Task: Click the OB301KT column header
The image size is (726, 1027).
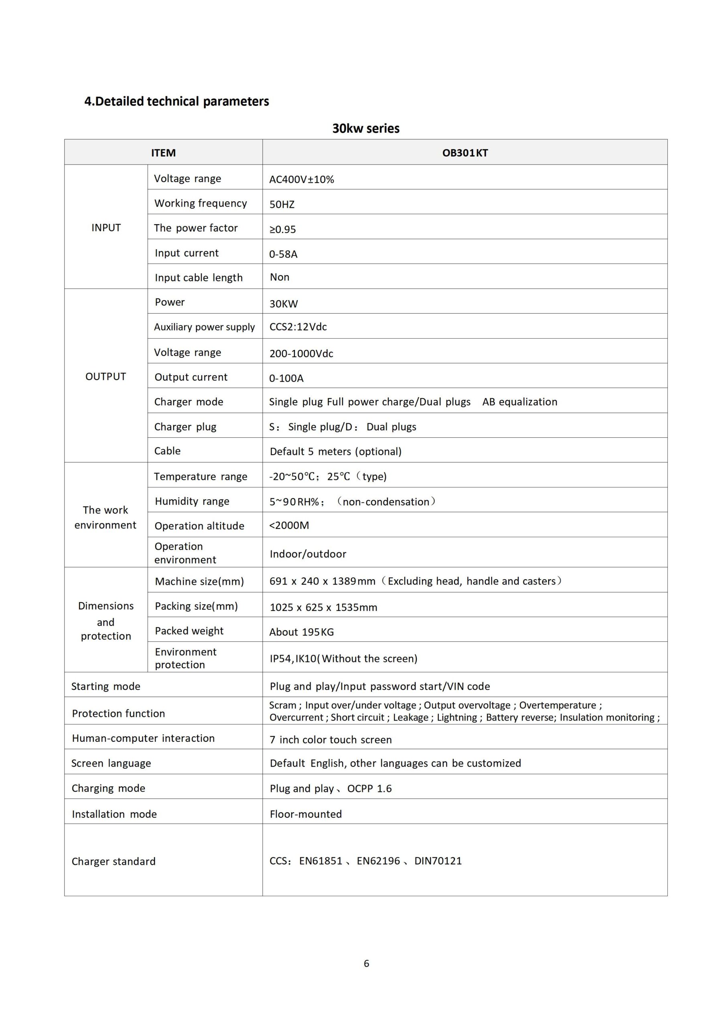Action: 465,153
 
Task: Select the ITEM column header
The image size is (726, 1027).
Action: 163,153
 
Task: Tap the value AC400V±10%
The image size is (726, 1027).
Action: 302,179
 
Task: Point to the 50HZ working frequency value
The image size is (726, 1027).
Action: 282,205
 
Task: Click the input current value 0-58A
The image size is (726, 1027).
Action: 283,254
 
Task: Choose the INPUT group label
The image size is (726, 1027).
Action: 106,228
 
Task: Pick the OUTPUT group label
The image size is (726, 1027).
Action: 105,377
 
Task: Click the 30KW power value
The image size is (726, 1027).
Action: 284,304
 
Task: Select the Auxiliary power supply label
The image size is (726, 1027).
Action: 205,327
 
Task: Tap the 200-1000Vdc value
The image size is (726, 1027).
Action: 301,353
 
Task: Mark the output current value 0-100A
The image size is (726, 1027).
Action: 286,378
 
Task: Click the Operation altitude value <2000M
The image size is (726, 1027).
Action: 289,525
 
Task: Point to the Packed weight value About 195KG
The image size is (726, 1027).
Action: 302,632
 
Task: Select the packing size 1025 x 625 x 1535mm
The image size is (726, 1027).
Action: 323,607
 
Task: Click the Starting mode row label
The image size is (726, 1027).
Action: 106,686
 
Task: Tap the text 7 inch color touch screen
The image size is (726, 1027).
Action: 331,740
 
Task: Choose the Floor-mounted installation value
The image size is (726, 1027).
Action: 306,814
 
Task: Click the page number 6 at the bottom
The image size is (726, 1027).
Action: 366,964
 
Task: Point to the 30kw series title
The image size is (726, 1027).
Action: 366,128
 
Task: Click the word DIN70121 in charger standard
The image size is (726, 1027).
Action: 438,861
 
